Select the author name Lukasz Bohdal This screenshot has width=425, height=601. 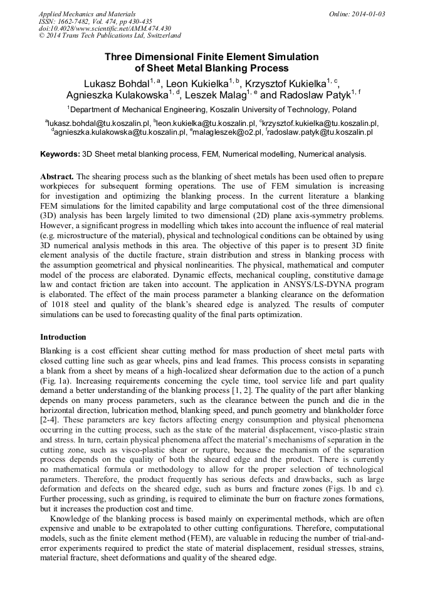tap(115, 83)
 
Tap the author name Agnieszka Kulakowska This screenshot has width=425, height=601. tap(117, 95)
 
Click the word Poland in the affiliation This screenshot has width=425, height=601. tap(344, 109)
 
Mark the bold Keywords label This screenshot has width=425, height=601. tap(60, 154)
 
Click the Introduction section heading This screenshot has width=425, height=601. tap(63, 337)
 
